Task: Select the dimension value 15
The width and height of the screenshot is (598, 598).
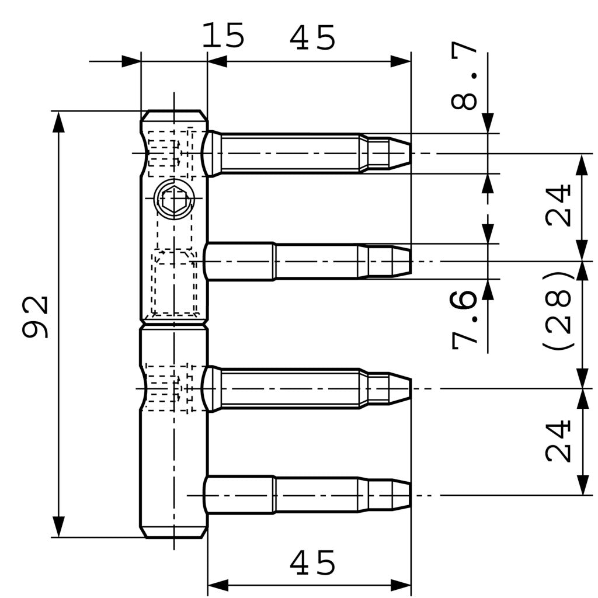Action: (222, 36)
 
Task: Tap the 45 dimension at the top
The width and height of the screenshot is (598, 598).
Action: (313, 39)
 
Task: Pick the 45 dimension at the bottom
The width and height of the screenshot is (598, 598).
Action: (313, 564)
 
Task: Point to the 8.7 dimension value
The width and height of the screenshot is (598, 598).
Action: (465, 76)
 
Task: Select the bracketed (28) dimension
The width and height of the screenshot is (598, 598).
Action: (557, 311)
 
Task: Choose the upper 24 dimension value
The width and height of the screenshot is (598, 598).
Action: (558, 206)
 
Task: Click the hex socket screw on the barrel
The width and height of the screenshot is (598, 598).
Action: (174, 200)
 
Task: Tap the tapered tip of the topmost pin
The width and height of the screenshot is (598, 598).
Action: (399, 153)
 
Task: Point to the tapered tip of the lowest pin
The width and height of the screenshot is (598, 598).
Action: (401, 495)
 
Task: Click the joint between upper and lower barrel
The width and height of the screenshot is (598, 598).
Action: (174, 323)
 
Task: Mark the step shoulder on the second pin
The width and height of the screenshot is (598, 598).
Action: (274, 261)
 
